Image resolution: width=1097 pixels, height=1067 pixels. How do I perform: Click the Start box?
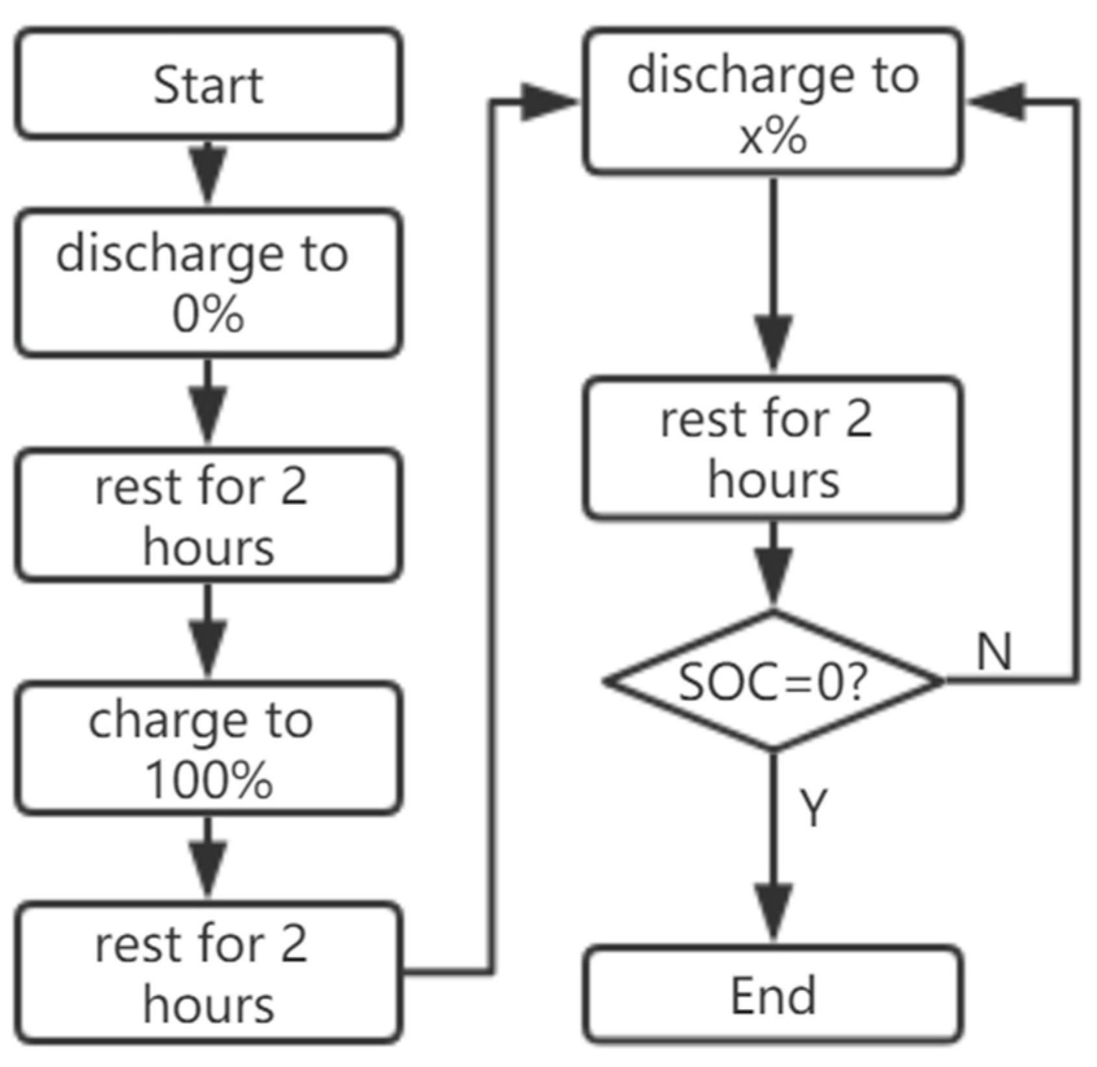[x=208, y=84]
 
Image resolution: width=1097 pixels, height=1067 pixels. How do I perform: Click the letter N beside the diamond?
[x=994, y=652]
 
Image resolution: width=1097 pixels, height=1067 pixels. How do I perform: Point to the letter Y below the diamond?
[x=813, y=807]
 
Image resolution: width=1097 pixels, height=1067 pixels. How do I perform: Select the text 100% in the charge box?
[x=208, y=780]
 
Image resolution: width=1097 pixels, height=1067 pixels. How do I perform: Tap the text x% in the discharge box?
[x=773, y=137]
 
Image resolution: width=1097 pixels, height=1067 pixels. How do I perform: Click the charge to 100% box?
[x=208, y=748]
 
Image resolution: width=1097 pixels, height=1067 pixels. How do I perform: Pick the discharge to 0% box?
[x=208, y=283]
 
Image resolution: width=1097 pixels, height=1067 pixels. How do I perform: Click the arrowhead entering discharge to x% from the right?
[x=997, y=102]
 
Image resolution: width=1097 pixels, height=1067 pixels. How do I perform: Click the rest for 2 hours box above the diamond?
[x=773, y=448]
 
